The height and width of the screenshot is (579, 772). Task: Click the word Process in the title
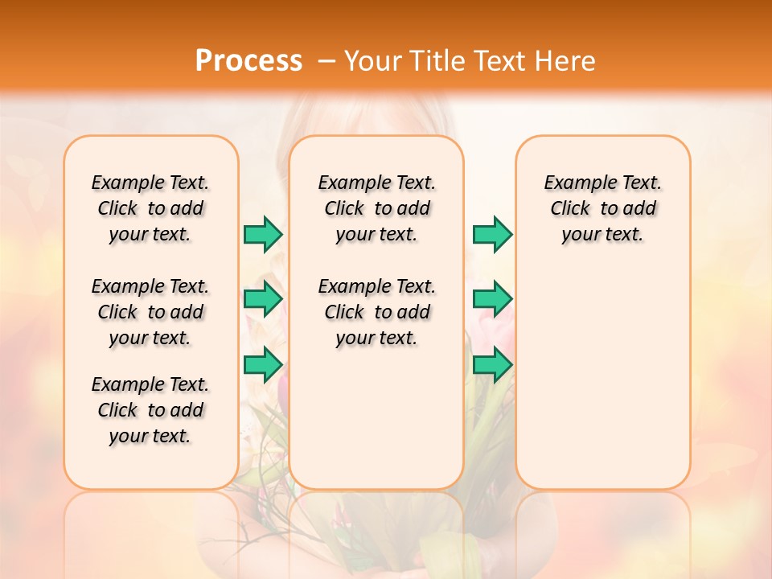(248, 60)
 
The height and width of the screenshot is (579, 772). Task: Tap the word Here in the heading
(566, 60)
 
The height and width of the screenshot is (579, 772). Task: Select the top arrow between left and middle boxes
(263, 234)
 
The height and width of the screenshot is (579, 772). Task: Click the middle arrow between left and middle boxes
(263, 299)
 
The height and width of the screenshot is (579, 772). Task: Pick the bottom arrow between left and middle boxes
(263, 364)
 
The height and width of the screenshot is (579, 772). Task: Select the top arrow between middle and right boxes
(492, 234)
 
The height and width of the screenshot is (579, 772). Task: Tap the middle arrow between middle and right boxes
(492, 299)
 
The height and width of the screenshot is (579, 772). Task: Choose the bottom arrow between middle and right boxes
(492, 364)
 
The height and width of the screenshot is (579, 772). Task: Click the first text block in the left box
(150, 208)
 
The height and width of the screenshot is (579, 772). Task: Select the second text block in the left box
(150, 312)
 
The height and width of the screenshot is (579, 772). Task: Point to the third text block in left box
(150, 410)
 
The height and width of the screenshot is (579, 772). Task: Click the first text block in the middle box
(376, 208)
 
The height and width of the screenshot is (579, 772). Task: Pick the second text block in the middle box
(376, 312)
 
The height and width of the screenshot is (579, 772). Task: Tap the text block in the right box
(602, 208)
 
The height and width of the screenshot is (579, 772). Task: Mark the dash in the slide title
(326, 61)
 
